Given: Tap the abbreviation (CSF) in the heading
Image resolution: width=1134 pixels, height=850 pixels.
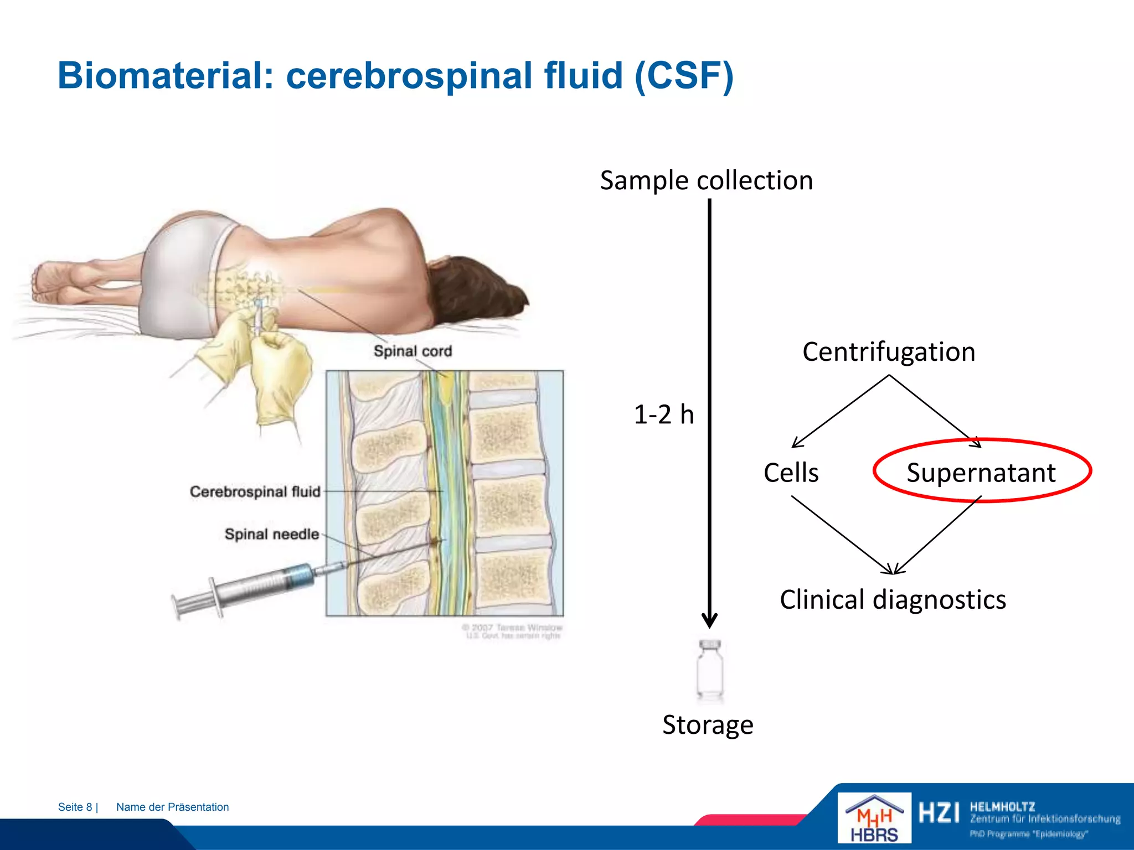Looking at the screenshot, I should (x=684, y=76).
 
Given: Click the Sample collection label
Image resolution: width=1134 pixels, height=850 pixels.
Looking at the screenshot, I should (x=706, y=180).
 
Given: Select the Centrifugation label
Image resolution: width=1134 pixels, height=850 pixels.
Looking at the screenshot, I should (x=888, y=352).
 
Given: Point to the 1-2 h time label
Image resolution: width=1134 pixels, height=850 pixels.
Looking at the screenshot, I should (x=663, y=414).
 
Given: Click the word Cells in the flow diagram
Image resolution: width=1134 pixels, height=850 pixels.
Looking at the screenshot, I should (x=791, y=473).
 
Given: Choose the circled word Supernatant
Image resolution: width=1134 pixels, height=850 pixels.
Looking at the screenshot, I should (x=981, y=473).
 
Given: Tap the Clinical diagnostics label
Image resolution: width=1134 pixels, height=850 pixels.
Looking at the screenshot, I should (x=893, y=600).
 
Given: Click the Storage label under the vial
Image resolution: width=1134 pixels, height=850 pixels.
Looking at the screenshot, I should (x=708, y=725).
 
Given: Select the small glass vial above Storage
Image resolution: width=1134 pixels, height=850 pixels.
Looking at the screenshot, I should (x=710, y=670).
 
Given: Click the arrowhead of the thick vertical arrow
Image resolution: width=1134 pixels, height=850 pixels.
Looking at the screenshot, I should (x=709, y=620).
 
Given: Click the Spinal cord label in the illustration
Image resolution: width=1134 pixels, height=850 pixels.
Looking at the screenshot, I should (x=413, y=351).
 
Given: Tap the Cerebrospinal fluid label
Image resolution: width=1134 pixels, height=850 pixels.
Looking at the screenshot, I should (x=255, y=491).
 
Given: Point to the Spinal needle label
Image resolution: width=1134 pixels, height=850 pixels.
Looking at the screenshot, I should (x=271, y=534).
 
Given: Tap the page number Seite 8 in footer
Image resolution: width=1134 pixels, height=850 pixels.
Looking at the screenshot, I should (x=76, y=807).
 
